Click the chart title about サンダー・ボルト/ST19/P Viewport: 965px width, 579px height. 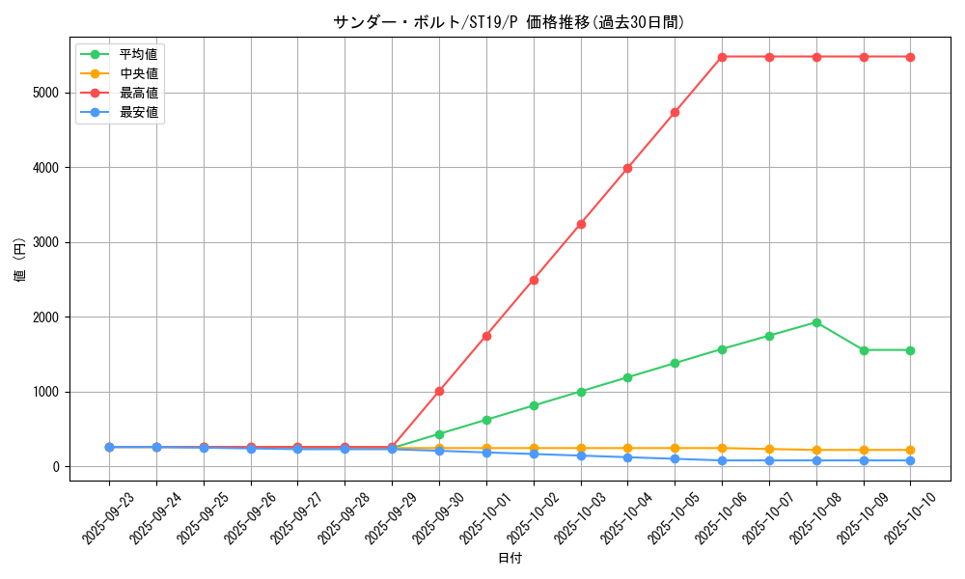(509, 22)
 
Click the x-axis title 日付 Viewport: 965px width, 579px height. (510, 559)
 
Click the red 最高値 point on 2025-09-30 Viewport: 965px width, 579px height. (439, 392)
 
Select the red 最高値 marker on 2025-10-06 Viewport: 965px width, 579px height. (722, 57)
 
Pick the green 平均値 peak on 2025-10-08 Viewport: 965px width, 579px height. (816, 322)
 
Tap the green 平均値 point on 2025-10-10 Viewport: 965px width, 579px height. (910, 350)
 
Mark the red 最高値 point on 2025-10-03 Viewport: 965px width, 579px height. (581, 224)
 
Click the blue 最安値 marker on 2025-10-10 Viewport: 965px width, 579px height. (910, 460)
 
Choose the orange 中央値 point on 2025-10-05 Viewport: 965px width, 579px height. (675, 449)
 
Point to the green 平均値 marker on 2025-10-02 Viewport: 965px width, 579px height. (534, 405)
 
